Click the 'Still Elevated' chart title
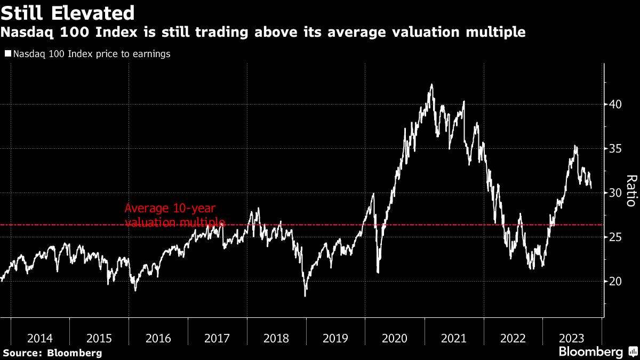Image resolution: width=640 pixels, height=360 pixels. point(67,12)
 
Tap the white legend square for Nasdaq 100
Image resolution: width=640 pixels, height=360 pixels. point(8,54)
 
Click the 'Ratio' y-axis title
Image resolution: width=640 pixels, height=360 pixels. point(630,191)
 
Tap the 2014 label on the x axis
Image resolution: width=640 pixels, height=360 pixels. point(40,338)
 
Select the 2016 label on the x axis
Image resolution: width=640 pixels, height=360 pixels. point(158,338)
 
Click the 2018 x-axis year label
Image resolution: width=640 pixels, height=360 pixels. point(276,338)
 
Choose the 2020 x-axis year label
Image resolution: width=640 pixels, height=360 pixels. point(395,338)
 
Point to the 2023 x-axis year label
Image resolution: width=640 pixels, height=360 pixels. point(572,338)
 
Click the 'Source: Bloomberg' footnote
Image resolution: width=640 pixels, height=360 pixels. point(52,353)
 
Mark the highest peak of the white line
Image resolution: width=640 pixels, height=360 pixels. point(431,84)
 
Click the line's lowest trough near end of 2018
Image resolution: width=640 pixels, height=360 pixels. point(306,295)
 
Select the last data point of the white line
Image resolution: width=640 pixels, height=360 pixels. point(591,188)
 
